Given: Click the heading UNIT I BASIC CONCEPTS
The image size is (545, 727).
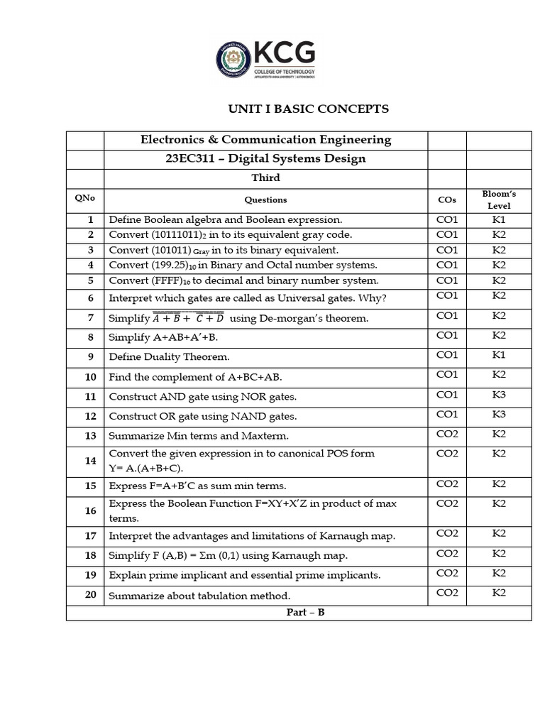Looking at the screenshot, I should pyautogui.click(x=308, y=109).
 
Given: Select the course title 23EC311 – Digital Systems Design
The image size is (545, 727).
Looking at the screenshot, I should pyautogui.click(x=265, y=158).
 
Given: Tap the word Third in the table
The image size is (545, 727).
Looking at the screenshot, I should pyautogui.click(x=265, y=177).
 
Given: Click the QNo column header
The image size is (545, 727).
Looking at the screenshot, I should pyautogui.click(x=84, y=199).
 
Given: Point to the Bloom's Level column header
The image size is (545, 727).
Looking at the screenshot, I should pyautogui.click(x=499, y=199).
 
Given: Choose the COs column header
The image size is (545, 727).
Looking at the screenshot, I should pyautogui.click(x=447, y=199).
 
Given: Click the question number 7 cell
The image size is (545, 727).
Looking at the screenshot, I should pyautogui.click(x=91, y=317).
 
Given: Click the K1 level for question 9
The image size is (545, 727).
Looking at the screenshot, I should pyautogui.click(x=499, y=355).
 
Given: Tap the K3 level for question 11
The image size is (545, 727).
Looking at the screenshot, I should pyautogui.click(x=499, y=395).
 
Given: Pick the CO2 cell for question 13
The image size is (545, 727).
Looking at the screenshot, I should pyautogui.click(x=447, y=434).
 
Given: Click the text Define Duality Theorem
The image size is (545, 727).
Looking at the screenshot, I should pyautogui.click(x=169, y=356).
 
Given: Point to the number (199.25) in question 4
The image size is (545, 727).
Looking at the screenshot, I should pyautogui.click(x=170, y=265).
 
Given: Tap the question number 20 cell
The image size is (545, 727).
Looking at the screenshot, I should pyautogui.click(x=91, y=594).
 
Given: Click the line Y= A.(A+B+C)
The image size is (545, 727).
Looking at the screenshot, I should pyautogui.click(x=146, y=468).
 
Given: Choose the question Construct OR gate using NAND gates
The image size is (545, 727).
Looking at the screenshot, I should pyautogui.click(x=202, y=416).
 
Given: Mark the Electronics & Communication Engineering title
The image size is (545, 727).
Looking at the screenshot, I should pyautogui.click(x=265, y=139).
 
